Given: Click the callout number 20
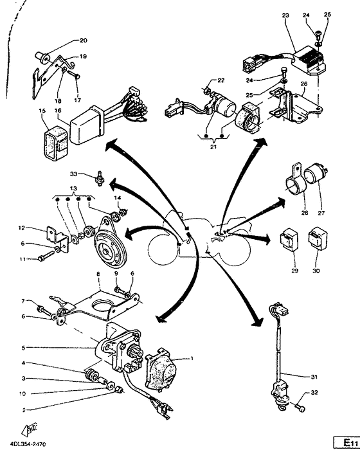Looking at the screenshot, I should pos(83,40).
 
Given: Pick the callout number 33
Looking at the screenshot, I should pos(73,174).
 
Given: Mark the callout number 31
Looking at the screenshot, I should pos(313,375).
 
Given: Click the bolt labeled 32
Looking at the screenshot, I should pos(300,406).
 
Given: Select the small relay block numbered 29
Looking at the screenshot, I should pos(288,238).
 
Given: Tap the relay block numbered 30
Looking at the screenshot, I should pos(318,237).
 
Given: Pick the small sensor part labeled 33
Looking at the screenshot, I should pos(100,176).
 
